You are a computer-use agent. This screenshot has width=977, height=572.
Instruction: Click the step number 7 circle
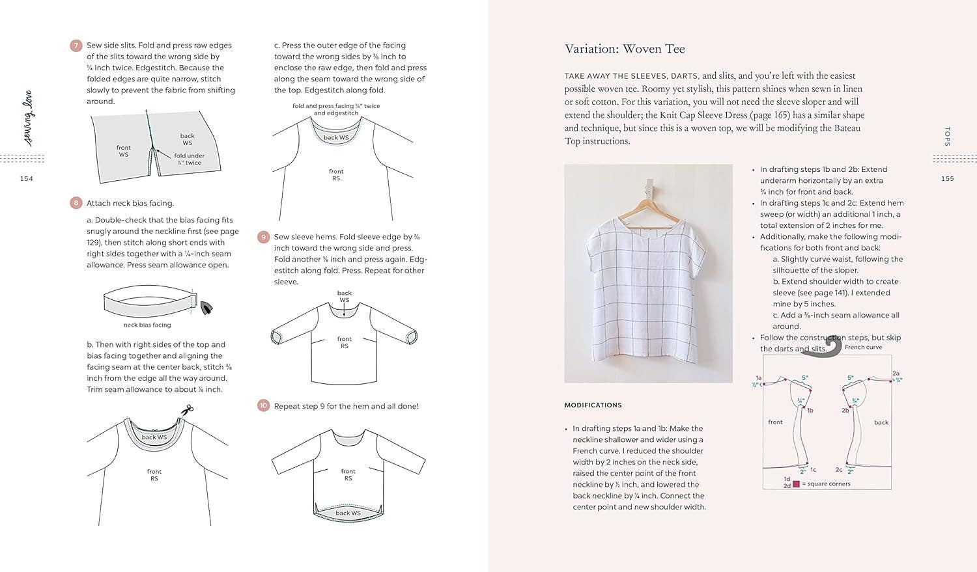click(76, 46)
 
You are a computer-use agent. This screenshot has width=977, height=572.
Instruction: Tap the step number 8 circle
click(76, 203)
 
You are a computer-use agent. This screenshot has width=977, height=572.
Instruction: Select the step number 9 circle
click(264, 237)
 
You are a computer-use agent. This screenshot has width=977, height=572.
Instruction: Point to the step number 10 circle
click(264, 405)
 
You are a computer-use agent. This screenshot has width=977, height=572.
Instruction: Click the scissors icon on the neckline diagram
click(188, 410)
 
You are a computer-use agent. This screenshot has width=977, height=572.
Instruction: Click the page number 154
click(26, 179)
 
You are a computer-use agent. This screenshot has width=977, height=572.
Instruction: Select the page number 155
click(947, 179)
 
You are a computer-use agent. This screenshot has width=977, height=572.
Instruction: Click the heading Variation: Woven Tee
click(624, 49)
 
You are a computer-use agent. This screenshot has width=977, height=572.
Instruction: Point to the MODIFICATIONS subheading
click(593, 405)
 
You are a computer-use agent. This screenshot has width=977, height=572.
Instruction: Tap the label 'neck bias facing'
click(147, 325)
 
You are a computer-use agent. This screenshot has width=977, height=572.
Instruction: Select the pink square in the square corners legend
click(796, 484)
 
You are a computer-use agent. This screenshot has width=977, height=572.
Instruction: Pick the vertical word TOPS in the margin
click(947, 136)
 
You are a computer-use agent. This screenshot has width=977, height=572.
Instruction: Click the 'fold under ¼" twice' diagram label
click(189, 159)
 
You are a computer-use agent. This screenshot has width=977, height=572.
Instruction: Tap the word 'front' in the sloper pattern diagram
click(775, 422)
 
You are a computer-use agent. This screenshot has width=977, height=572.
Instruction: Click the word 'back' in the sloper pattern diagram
click(881, 423)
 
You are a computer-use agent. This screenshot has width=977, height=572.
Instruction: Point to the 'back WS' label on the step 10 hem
click(348, 513)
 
